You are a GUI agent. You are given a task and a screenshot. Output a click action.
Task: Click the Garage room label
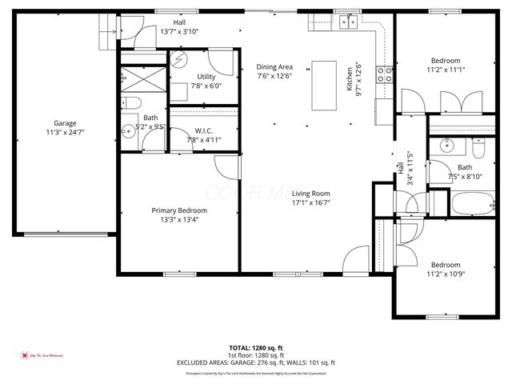(x=66, y=123)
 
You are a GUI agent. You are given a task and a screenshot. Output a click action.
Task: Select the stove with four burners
(x=385, y=74)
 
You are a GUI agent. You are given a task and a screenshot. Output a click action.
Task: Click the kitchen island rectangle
(x=323, y=84)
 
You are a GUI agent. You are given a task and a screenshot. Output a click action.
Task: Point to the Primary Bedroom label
(x=179, y=211)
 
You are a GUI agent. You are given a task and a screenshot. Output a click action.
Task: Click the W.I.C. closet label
(x=202, y=130)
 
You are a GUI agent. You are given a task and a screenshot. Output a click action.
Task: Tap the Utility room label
(x=206, y=77)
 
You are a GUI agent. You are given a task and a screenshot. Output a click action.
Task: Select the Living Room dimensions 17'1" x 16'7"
(x=310, y=203)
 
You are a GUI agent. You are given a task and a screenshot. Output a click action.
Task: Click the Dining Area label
(x=274, y=66)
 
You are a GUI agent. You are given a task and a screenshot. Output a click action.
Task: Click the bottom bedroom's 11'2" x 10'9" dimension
(x=446, y=274)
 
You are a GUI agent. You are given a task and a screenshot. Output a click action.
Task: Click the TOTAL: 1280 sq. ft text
(x=255, y=347)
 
